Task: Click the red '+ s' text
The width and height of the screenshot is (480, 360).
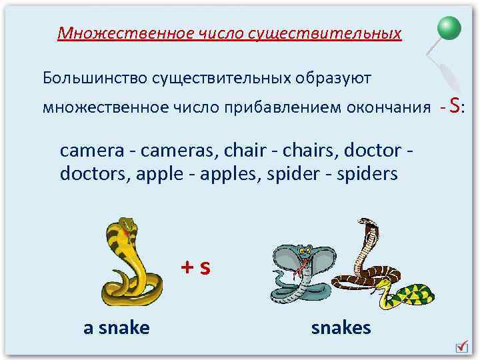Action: (196, 268)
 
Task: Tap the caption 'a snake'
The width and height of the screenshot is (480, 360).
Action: (116, 327)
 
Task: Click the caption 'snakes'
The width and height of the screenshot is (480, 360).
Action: (341, 327)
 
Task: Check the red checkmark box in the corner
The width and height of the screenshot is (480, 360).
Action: (461, 347)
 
